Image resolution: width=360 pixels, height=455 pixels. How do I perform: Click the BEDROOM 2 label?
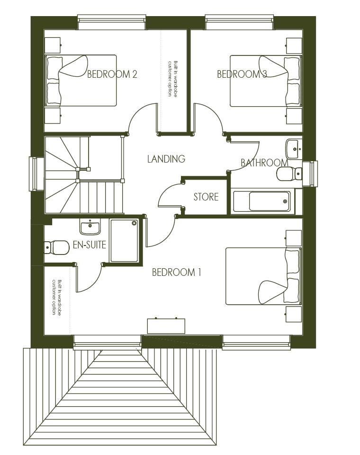(x=112, y=74)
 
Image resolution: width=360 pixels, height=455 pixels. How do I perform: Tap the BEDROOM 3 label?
(x=242, y=74)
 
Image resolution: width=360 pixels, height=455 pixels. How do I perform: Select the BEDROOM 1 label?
(x=176, y=273)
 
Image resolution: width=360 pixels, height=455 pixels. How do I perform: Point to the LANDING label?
(x=166, y=159)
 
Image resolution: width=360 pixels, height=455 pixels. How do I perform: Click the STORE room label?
(x=206, y=197)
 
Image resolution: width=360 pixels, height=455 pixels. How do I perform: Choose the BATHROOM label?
(x=264, y=163)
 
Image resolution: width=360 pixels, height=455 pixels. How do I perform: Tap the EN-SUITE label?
(x=89, y=246)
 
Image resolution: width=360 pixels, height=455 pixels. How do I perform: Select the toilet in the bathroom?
(x=288, y=174)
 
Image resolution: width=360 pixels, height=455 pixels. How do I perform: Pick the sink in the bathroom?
(x=294, y=149)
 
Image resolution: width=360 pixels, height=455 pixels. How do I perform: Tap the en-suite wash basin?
(x=90, y=228)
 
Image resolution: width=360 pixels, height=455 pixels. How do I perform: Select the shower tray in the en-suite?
(x=124, y=240)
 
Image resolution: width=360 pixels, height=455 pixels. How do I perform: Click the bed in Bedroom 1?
(x=263, y=276)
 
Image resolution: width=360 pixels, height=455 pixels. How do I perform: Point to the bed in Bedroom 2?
(x=81, y=81)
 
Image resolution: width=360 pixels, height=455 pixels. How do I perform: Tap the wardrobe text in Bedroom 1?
(x=57, y=298)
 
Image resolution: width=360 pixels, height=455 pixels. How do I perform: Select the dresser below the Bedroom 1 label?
(x=166, y=326)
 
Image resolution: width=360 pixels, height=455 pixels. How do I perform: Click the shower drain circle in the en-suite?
(x=134, y=223)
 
